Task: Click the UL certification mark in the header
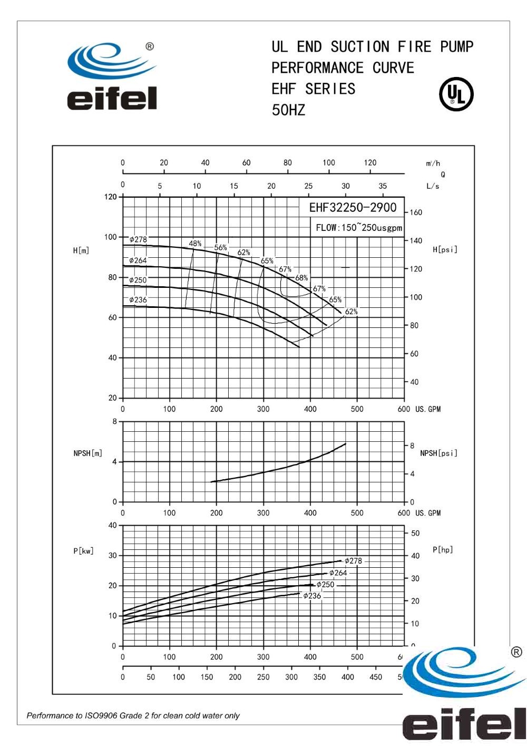456,95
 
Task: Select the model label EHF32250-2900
353,207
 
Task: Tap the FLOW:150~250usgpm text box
358,228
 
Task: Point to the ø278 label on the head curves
138,240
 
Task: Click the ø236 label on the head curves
138,300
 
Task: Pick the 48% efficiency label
195,244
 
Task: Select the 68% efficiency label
301,278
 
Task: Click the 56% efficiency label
220,248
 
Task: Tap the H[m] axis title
81,250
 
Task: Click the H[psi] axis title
445,249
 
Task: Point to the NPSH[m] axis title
87,453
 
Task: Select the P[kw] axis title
83,551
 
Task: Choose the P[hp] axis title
443,549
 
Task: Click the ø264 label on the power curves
338,573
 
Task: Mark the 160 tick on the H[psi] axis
416,212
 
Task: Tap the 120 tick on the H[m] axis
110,197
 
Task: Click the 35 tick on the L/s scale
383,186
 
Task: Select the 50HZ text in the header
288,110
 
